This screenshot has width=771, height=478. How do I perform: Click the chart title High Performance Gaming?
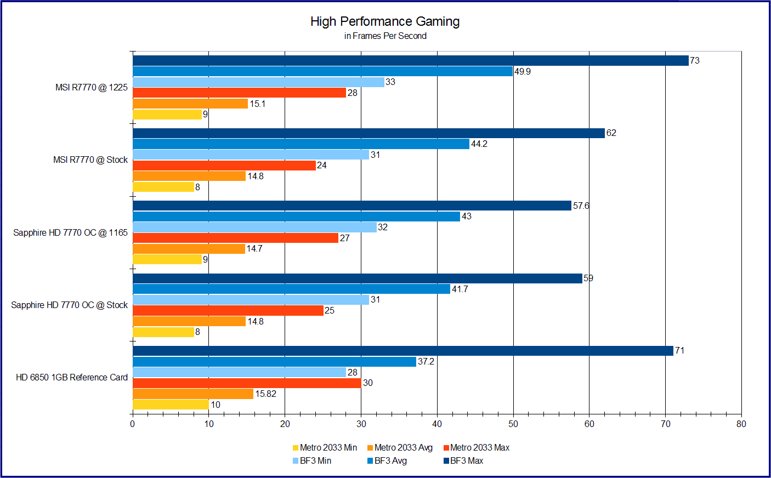click(x=385, y=21)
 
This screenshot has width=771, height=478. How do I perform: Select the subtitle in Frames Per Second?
click(x=385, y=36)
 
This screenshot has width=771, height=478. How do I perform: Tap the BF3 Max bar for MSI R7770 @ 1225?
click(x=410, y=60)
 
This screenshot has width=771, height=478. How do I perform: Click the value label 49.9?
click(x=523, y=71)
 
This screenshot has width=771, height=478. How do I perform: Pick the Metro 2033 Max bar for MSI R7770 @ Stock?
click(x=224, y=166)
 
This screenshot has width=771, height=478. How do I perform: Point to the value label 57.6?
click(x=581, y=206)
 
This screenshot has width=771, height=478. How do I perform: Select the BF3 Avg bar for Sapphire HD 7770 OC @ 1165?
click(x=296, y=217)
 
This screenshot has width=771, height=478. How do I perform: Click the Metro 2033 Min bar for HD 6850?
click(x=171, y=405)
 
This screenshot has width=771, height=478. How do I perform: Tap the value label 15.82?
click(x=265, y=394)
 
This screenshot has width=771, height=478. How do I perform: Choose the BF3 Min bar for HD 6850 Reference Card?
click(x=239, y=372)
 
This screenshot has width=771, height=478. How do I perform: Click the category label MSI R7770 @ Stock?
click(x=90, y=160)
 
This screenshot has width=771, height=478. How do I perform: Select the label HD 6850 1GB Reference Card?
click(x=72, y=377)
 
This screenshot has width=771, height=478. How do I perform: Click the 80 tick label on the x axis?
click(x=741, y=424)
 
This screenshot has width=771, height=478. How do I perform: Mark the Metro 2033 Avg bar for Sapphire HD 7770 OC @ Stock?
click(x=189, y=321)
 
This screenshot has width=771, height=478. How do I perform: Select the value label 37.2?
click(x=426, y=361)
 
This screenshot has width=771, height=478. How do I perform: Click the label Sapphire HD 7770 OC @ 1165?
click(x=70, y=232)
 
